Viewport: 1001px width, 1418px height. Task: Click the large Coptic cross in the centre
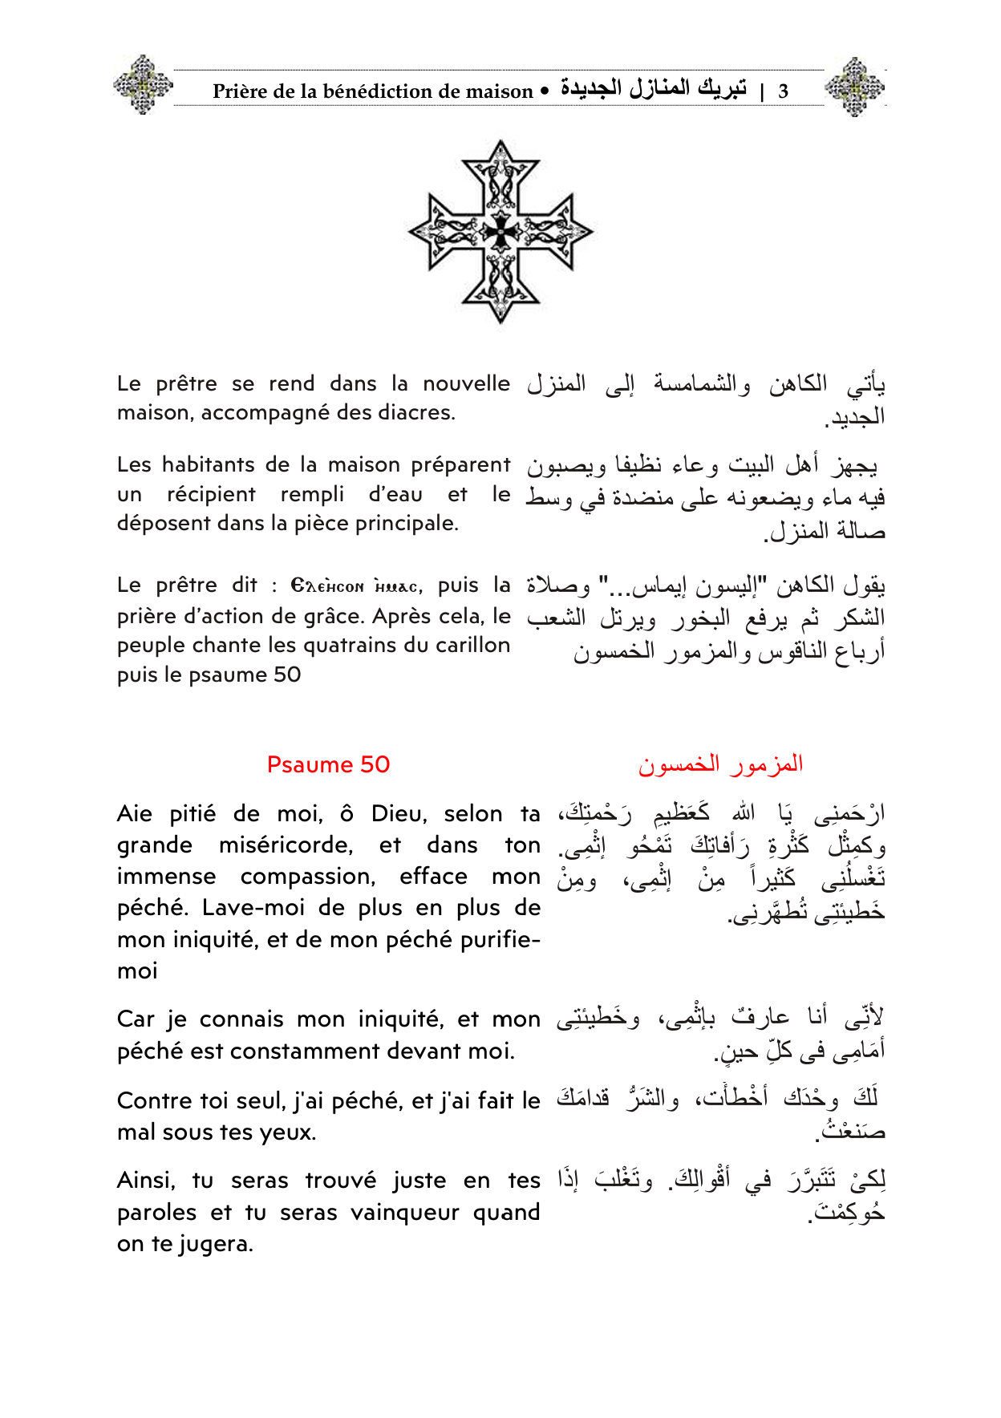click(500, 231)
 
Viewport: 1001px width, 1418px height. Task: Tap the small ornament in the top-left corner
click(143, 84)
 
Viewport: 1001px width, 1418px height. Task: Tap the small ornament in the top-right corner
click(855, 86)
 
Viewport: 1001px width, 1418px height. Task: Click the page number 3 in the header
click(783, 91)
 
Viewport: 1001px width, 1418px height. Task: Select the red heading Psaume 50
click(328, 764)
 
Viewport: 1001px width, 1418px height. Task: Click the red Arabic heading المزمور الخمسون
click(720, 764)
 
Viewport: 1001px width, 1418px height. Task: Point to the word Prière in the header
click(240, 91)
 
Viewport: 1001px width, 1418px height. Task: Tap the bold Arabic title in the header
click(653, 88)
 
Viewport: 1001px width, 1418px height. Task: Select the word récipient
click(211, 494)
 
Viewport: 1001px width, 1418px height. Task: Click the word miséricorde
click(286, 845)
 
